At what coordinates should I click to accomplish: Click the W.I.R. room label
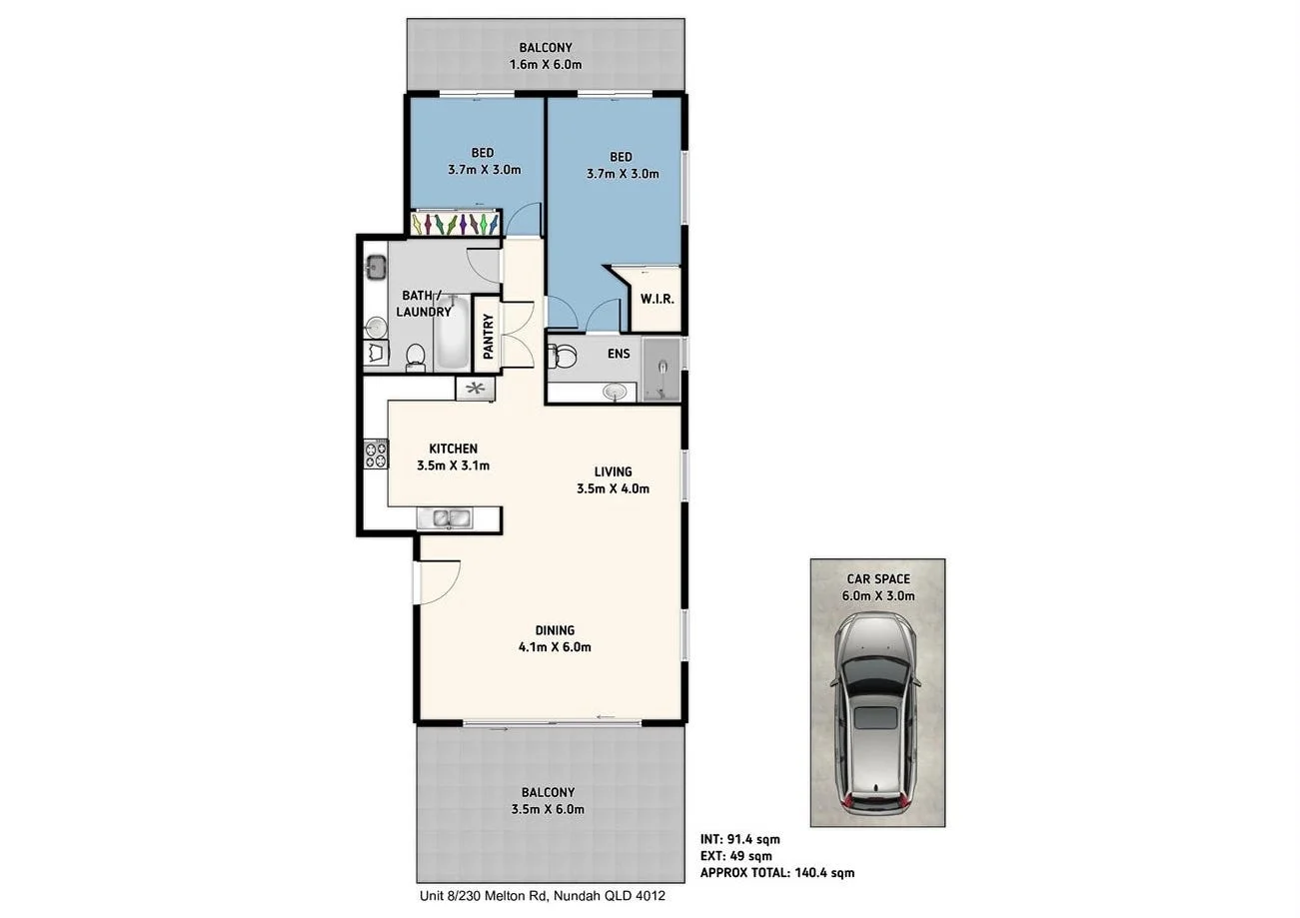(655, 298)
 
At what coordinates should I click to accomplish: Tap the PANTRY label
(489, 337)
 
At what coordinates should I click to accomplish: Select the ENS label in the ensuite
(619, 353)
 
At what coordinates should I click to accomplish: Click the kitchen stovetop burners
(376, 456)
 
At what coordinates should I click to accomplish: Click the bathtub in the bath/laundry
(450, 335)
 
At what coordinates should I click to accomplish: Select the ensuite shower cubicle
(660, 370)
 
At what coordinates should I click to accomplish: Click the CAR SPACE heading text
(877, 579)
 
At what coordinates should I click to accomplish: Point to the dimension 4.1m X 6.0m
(555, 647)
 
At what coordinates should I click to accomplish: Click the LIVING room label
(613, 471)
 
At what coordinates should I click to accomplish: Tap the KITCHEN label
(453, 449)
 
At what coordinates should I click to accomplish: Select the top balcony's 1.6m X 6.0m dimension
(546, 65)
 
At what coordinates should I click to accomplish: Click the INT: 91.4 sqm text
(740, 840)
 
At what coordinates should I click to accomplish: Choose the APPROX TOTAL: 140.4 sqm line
(777, 872)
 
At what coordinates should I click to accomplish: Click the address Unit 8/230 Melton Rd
(540, 896)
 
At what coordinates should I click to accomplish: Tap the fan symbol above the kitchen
(476, 389)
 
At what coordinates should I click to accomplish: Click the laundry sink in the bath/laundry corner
(377, 267)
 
